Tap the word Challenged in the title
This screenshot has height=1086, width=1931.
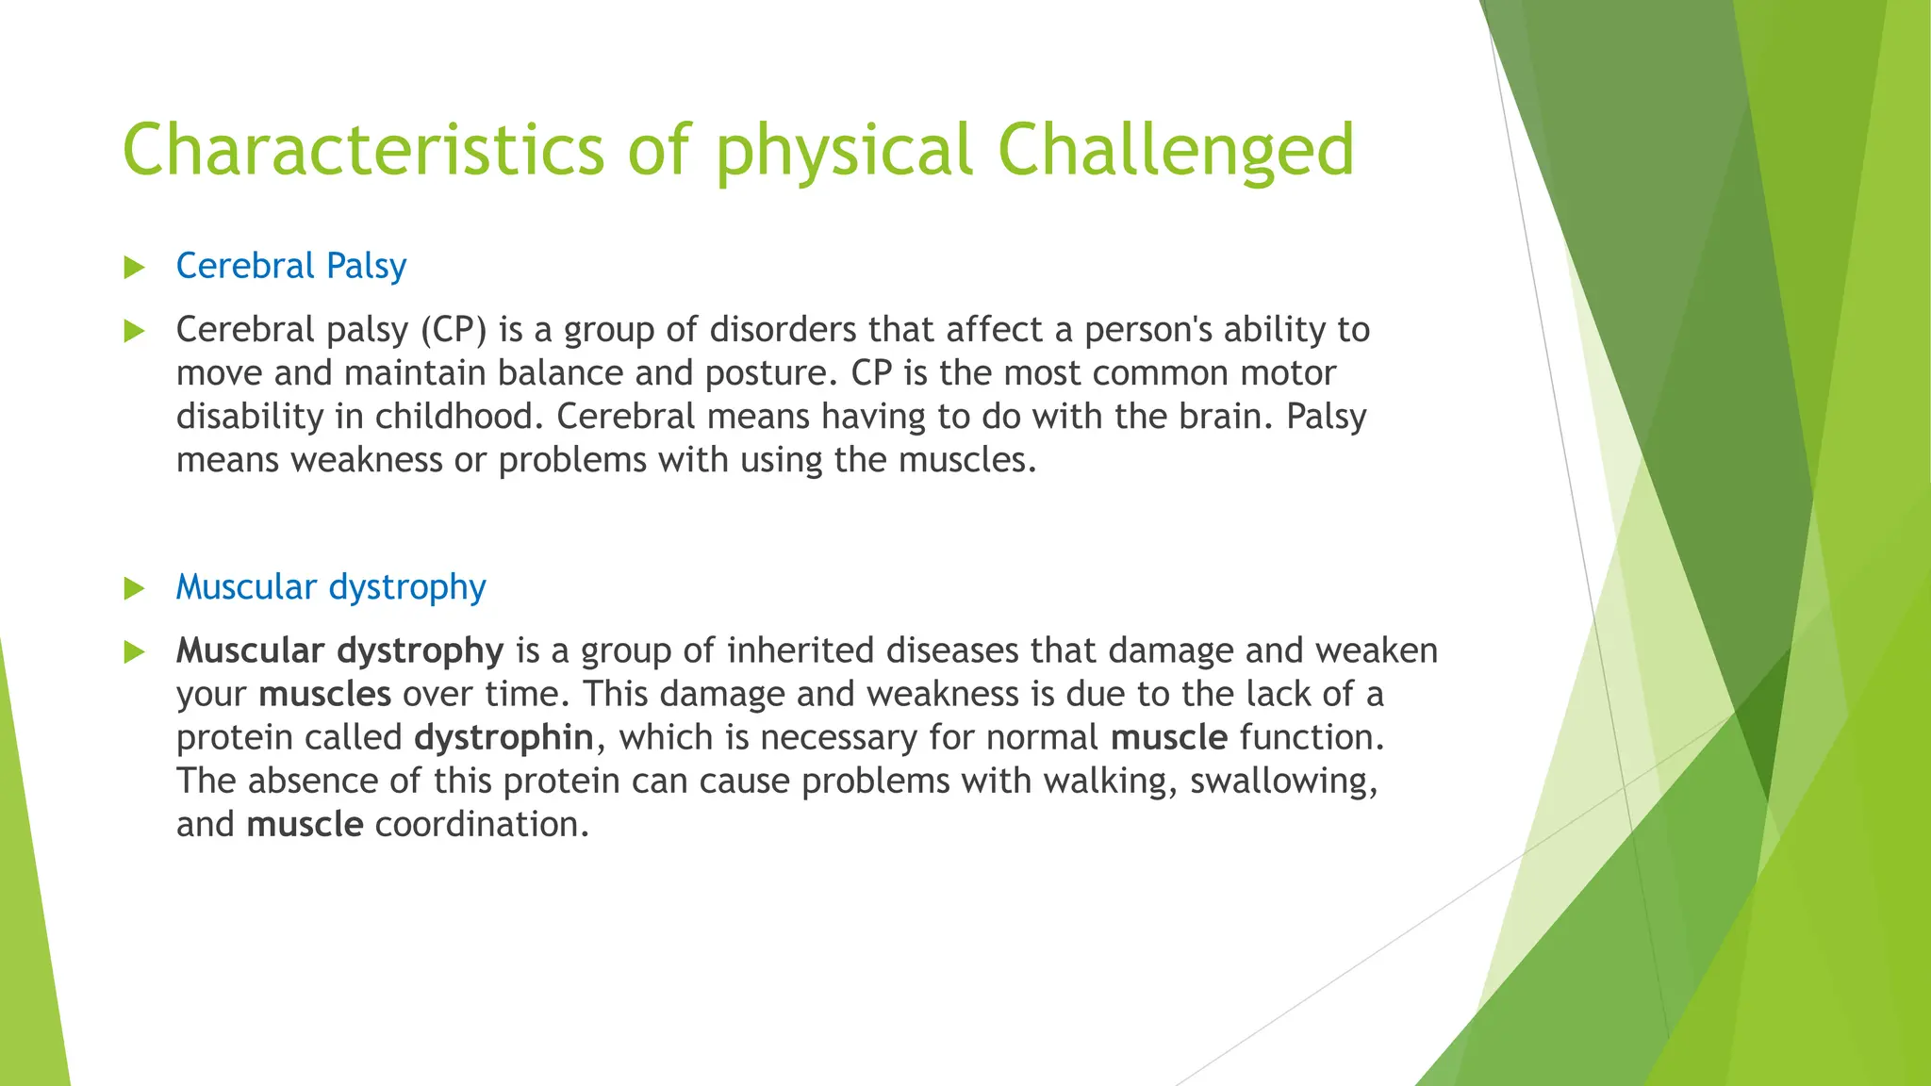(1175, 149)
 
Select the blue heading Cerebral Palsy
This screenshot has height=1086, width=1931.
(290, 266)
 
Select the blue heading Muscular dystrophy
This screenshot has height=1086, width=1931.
(331, 587)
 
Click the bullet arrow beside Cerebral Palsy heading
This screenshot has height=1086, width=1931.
(135, 268)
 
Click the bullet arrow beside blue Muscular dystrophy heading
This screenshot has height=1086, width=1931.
(135, 589)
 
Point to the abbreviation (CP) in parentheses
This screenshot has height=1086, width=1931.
(454, 330)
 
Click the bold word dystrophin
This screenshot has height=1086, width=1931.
(504, 737)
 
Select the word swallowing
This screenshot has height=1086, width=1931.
(1283, 782)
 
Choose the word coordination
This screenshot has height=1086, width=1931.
(482, 825)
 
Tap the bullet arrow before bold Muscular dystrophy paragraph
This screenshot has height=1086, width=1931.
(135, 652)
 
